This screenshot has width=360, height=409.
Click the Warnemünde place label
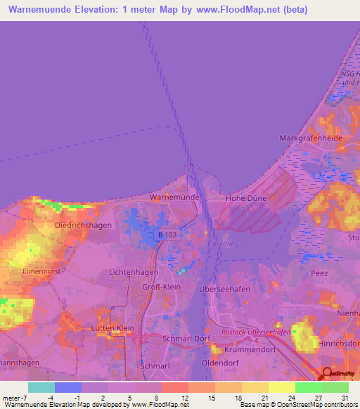175,197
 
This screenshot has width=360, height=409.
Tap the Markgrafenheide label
311,138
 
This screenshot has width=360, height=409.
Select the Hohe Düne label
245,199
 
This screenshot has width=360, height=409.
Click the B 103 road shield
167,235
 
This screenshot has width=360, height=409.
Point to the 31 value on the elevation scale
345,399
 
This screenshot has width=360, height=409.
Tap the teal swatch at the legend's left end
41,387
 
